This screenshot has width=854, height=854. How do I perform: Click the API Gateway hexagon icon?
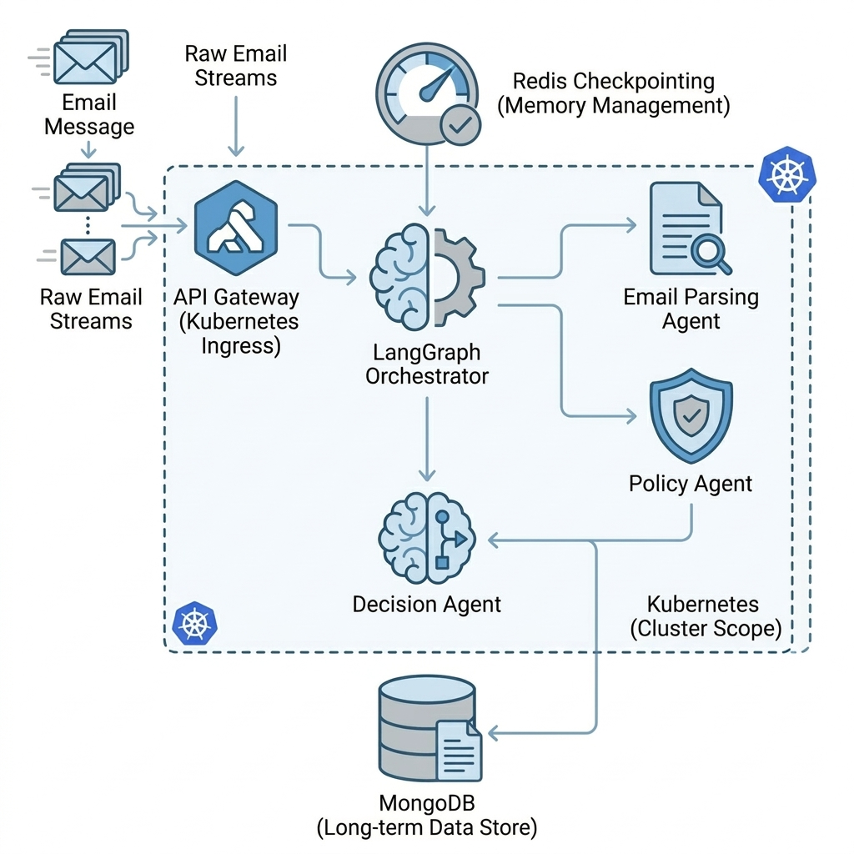coord(236,228)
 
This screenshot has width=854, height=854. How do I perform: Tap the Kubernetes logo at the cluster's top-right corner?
coord(787,176)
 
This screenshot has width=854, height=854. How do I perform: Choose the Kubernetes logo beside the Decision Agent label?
coord(194,622)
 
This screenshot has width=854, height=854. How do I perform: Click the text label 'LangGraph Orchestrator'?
coord(427,364)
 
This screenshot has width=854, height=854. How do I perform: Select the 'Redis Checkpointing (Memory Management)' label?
coord(613,93)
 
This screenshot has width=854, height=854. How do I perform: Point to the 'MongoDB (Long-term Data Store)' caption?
coord(427,816)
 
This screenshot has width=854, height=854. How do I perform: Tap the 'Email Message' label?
coord(89,115)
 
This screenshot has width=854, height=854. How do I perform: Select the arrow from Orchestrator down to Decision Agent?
coord(427,438)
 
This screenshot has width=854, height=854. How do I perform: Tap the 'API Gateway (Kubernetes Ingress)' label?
coord(237,321)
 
